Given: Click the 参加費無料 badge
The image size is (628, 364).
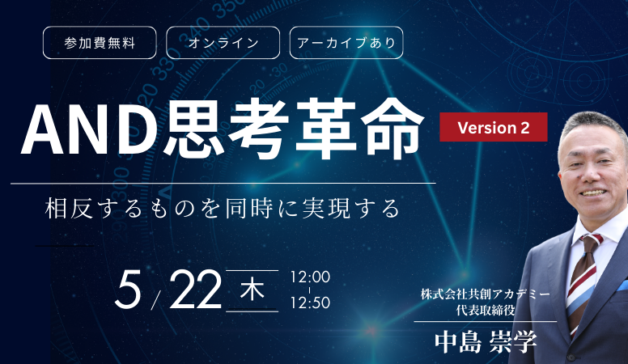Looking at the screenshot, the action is coord(100,42).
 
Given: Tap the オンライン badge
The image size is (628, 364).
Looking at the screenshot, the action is coord(223,42).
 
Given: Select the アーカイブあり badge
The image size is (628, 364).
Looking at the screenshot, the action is coord(346,42).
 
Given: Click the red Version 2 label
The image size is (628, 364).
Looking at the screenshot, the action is coord(494,127).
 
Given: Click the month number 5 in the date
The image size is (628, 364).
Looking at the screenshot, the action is coord(128,289).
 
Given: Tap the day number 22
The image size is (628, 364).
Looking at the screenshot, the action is coord(196,289).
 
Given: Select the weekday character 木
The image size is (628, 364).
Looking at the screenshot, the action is coord(252,290).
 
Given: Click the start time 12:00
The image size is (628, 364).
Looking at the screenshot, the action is coord(311,277).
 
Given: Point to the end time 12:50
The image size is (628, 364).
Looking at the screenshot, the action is coord(311,303).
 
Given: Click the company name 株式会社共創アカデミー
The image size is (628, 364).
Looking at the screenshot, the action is coord(486,294).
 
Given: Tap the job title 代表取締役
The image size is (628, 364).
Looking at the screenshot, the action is coord(486,310).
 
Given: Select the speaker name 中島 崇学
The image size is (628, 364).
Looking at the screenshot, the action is coord(486,341).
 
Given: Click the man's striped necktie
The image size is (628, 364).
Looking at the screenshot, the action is coord(583,281).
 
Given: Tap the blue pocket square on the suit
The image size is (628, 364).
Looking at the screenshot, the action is coord(623,286).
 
